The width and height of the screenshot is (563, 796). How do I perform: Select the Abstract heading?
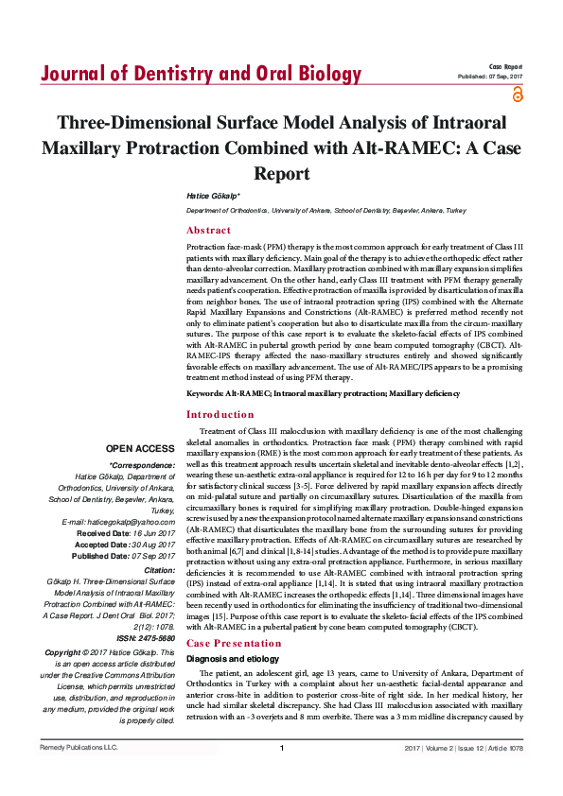click(x=208, y=230)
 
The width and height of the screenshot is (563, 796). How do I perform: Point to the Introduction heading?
click(x=220, y=414)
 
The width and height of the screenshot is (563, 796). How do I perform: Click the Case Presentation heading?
click(x=233, y=616)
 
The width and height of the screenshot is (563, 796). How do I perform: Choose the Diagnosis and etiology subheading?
click(x=233, y=632)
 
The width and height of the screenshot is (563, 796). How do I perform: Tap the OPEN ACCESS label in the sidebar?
click(x=140, y=449)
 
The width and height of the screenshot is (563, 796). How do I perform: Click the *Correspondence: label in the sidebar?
click(x=142, y=465)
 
